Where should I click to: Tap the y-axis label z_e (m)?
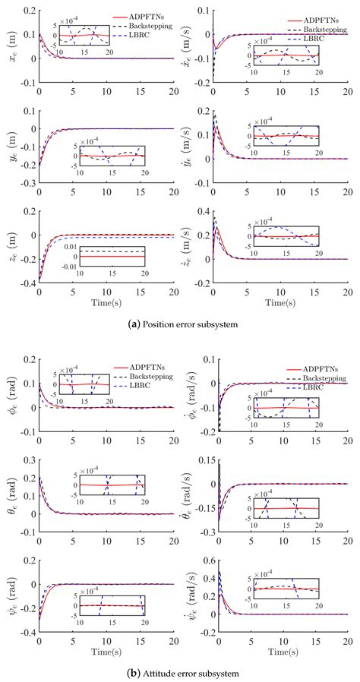coord(10,247)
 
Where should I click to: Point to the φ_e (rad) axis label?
coord(10,395)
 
